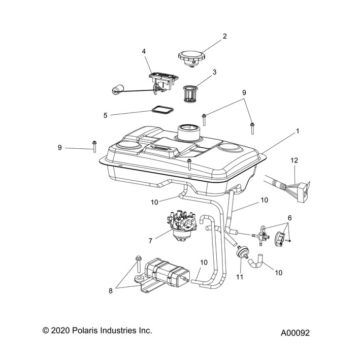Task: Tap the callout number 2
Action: pos(224,36)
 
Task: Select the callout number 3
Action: pos(215,72)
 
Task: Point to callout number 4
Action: pos(144,51)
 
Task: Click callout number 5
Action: pos(106,115)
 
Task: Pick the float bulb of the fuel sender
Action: pos(118,91)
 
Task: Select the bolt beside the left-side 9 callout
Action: pos(94,146)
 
